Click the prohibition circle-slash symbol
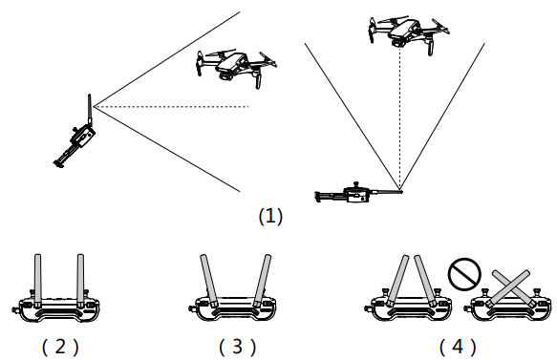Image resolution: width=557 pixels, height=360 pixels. (464, 274)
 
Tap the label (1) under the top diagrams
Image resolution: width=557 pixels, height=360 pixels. (270, 216)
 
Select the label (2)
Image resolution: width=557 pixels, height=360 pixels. (60, 347)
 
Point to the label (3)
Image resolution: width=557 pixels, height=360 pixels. (237, 347)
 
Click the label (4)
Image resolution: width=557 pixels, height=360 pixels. (458, 347)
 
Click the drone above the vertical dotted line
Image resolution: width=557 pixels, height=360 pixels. (408, 34)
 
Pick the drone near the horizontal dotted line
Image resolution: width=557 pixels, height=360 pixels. (236, 68)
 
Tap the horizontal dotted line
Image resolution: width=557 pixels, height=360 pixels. (171, 106)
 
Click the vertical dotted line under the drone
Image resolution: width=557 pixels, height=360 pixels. (400, 119)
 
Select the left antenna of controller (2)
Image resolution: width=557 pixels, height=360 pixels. (37, 281)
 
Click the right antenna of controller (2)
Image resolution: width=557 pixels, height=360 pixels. (80, 281)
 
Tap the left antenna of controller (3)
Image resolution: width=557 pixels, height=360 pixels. (209, 281)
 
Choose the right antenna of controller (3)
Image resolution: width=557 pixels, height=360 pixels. (262, 281)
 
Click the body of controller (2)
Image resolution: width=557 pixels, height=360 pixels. (55, 308)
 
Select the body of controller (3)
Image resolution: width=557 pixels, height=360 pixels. (231, 308)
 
